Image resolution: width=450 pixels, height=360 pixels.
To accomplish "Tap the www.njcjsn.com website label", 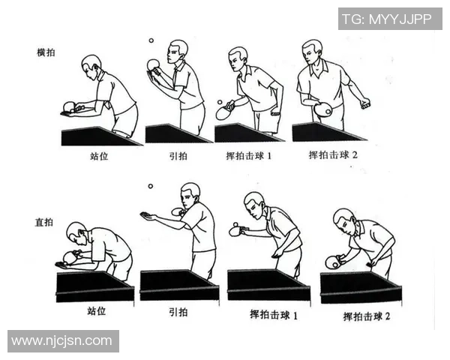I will point(62,341).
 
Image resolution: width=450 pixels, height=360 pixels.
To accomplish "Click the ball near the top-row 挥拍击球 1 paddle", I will point(219,101).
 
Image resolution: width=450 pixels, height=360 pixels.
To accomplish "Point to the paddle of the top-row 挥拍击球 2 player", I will point(323,110).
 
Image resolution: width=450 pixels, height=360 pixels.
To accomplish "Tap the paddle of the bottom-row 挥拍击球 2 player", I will point(332,262).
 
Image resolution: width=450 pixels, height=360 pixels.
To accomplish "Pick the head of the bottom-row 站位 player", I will point(76,233).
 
